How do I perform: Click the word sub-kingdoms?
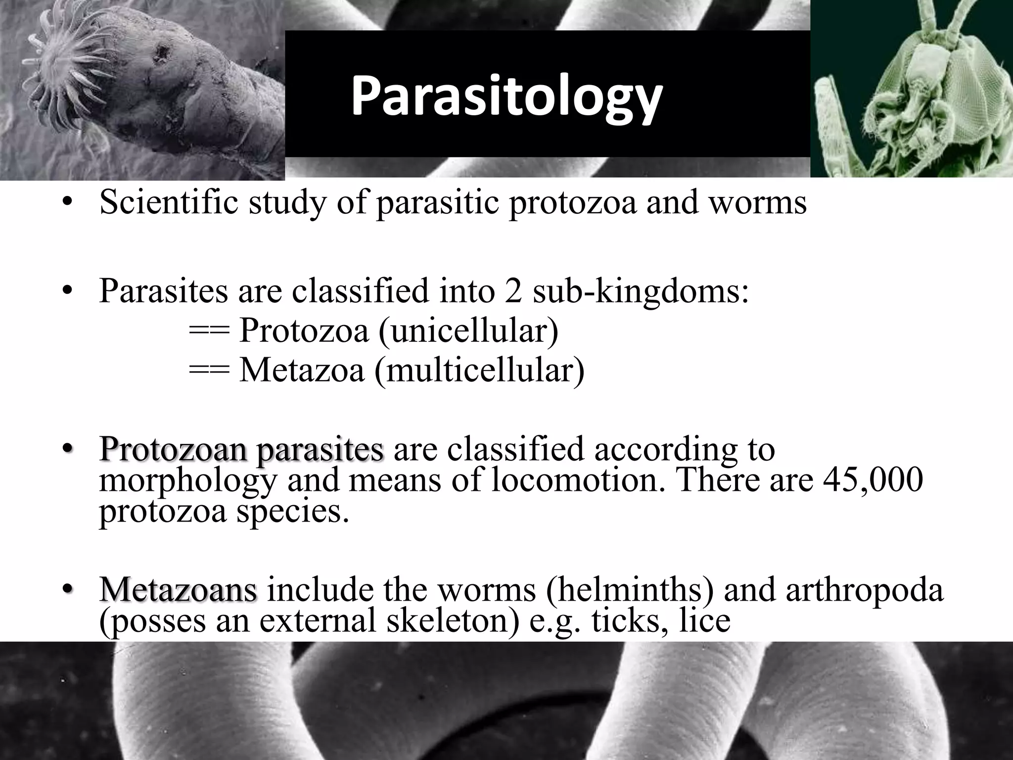pos(641,290)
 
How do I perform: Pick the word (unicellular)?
pos(468,330)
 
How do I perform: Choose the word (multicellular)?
pos(479,370)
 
